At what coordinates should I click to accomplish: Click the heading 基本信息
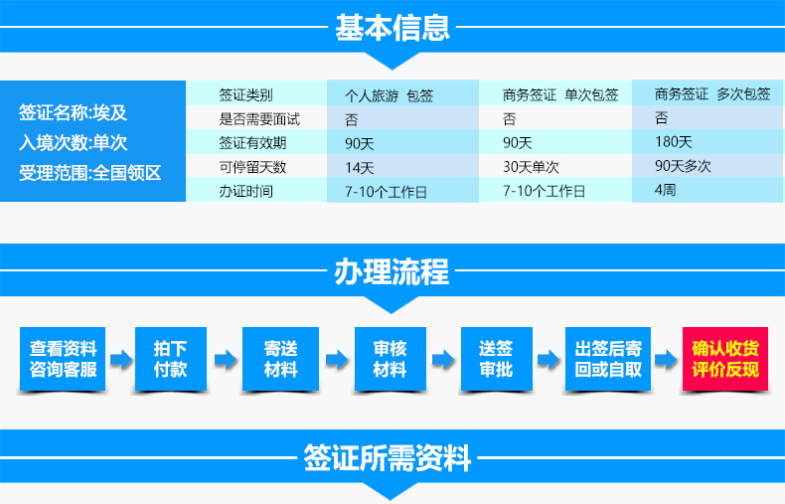pyautogui.click(x=392, y=27)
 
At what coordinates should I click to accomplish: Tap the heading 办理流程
pyautogui.click(x=392, y=271)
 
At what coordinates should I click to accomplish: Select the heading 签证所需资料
pyautogui.click(x=387, y=457)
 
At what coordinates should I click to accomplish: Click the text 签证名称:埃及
pyautogui.click(x=74, y=112)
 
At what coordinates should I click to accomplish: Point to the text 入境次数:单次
pyautogui.click(x=74, y=143)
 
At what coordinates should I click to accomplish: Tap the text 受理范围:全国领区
pyautogui.click(x=90, y=173)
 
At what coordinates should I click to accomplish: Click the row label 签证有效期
pyautogui.click(x=252, y=143)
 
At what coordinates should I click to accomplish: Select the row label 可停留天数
pyautogui.click(x=252, y=167)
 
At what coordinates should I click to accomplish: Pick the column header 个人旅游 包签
pyautogui.click(x=389, y=95)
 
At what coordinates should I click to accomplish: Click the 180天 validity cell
pyautogui.click(x=674, y=142)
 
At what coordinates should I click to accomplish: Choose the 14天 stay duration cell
pyautogui.click(x=359, y=168)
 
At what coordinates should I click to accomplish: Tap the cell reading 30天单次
pyautogui.click(x=531, y=167)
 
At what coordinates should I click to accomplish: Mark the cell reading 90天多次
pyautogui.click(x=683, y=166)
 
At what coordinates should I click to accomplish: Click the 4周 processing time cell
pyautogui.click(x=666, y=190)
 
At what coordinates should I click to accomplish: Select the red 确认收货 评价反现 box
pyautogui.click(x=725, y=359)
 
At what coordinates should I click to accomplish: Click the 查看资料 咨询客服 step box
pyautogui.click(x=63, y=359)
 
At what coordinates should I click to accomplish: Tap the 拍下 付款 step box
pyautogui.click(x=171, y=359)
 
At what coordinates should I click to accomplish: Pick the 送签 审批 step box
pyautogui.click(x=497, y=359)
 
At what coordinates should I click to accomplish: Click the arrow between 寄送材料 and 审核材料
pyautogui.click(x=337, y=359)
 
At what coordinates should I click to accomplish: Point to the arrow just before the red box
pyautogui.click(x=667, y=359)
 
